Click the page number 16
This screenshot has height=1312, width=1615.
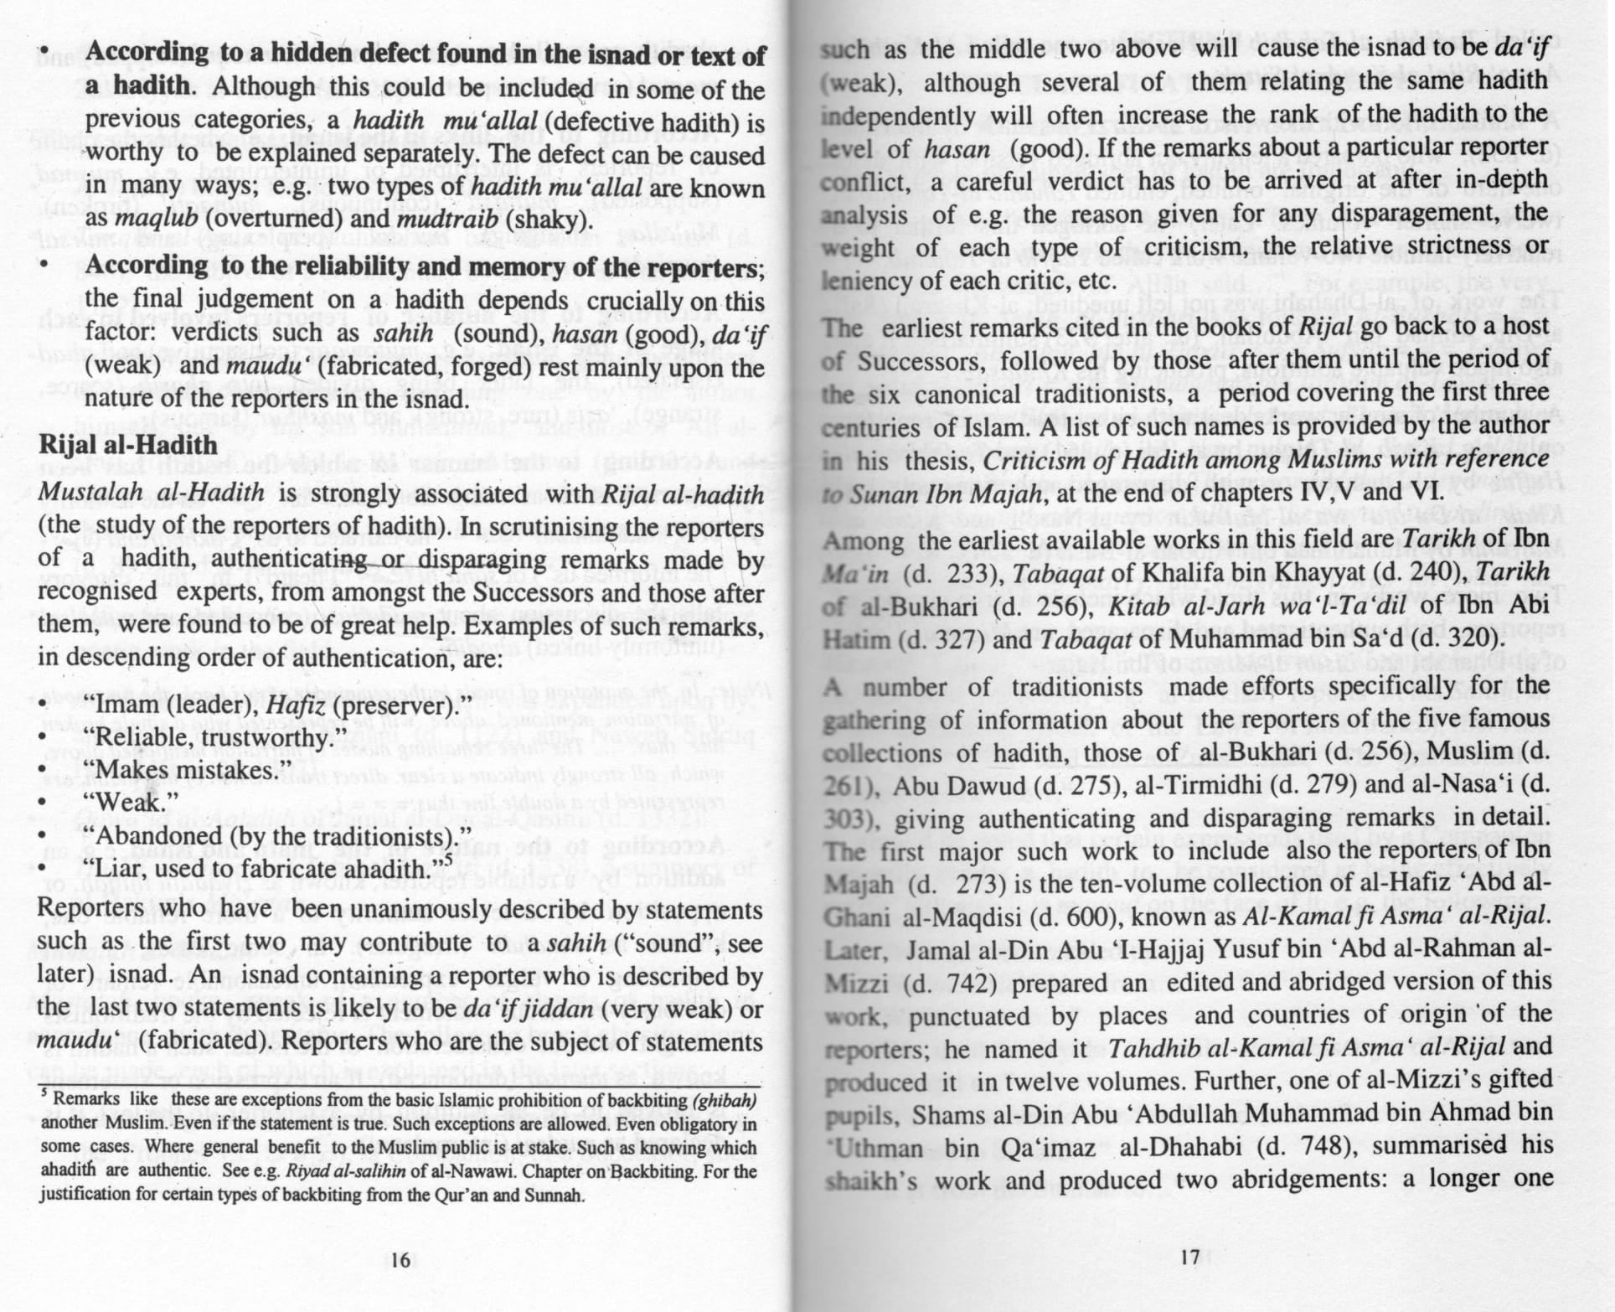(x=400, y=1259)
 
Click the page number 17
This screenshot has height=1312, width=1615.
(x=1189, y=1257)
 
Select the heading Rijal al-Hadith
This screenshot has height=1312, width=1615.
(x=127, y=445)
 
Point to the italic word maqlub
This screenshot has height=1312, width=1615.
(x=156, y=220)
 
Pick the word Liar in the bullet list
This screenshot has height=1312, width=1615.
(x=120, y=868)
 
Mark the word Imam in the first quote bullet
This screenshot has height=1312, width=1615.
(x=126, y=705)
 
